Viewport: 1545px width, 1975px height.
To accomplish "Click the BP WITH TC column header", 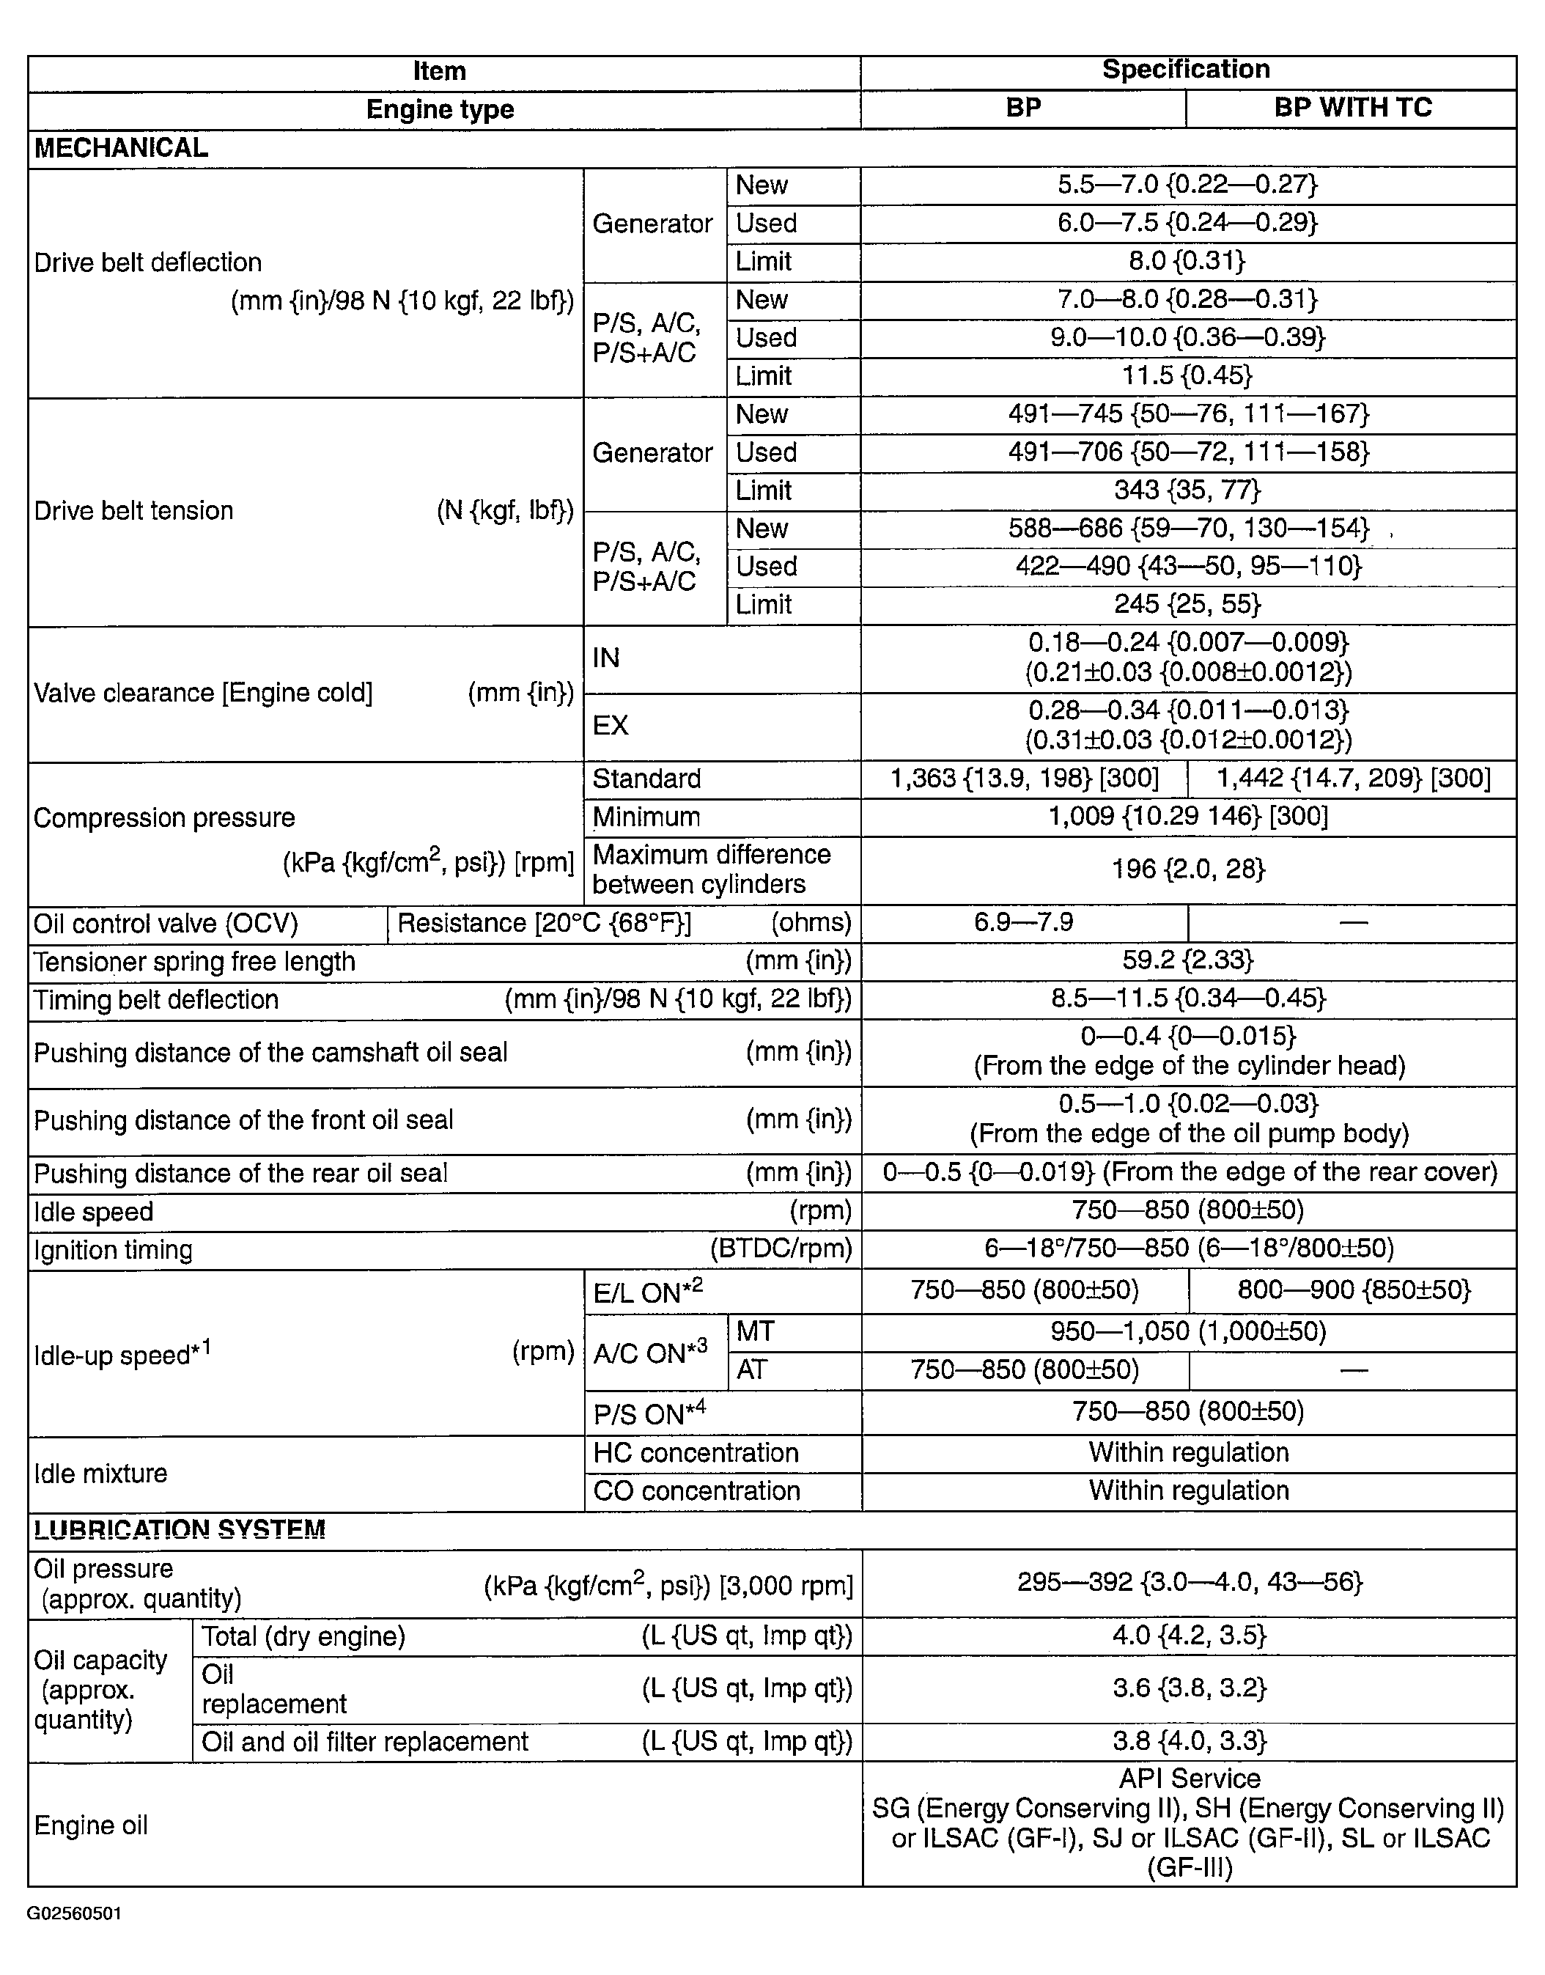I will click(x=1352, y=108).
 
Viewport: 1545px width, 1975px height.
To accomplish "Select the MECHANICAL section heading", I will click(x=121, y=147).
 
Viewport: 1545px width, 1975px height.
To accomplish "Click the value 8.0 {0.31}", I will click(x=1187, y=262).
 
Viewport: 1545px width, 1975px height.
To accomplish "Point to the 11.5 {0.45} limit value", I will click(x=1187, y=375).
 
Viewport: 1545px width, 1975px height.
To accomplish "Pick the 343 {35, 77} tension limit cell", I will click(x=1187, y=490).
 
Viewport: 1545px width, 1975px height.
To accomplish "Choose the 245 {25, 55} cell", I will click(x=1187, y=604).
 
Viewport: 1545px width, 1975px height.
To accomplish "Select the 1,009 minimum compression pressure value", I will click(x=1187, y=817).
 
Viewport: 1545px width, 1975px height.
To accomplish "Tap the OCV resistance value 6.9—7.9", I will click(x=1023, y=923).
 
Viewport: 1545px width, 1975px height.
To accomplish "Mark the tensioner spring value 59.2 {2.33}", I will click(x=1187, y=961).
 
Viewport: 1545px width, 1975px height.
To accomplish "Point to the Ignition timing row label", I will click(x=113, y=1251).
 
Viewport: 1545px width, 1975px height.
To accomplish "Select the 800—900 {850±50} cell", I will click(x=1352, y=1290).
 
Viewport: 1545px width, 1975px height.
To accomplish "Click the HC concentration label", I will click(x=696, y=1453).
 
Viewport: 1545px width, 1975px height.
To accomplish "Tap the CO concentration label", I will click(x=696, y=1491).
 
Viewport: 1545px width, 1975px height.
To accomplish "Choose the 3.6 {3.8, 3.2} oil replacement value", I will click(x=1187, y=1688).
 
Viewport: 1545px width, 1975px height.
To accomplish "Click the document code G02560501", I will click(x=74, y=1914).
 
